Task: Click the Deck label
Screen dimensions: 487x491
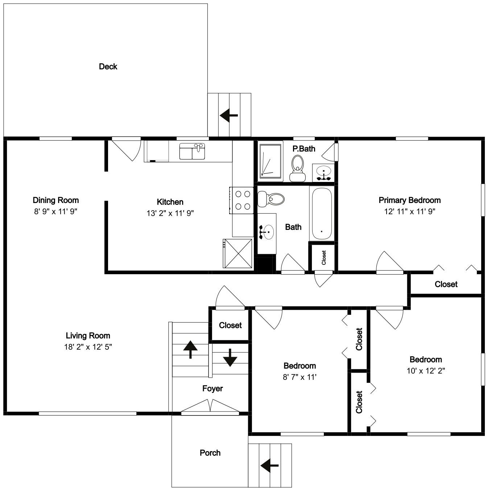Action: pos(108,66)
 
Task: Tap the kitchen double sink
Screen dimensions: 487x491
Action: pos(192,151)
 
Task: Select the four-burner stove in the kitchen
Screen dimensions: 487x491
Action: pos(242,200)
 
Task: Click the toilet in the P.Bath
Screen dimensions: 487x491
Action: pos(297,168)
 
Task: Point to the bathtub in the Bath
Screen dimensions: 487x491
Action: pos(322,214)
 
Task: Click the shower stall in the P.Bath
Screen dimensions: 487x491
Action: pos(270,161)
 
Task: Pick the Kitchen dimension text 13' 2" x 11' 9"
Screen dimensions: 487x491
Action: pos(170,213)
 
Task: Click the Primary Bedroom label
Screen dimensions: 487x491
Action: pos(410,200)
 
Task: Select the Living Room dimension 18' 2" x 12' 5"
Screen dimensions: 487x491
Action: pos(88,347)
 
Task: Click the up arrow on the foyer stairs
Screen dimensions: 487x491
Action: pos(190,349)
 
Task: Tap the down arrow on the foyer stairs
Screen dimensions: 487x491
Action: pos(230,358)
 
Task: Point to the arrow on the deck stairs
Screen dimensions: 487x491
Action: pos(229,115)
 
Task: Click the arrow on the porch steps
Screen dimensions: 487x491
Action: pos(269,466)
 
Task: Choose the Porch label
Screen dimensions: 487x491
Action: pos(210,453)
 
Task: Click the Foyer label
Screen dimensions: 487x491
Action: pos(212,388)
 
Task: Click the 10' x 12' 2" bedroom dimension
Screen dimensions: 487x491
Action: pos(426,371)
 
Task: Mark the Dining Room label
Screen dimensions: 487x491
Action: pos(56,200)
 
